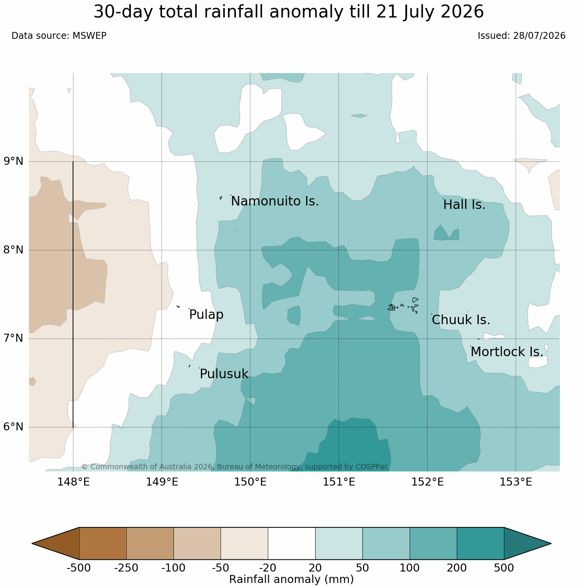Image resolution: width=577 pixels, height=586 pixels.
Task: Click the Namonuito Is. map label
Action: tap(275, 201)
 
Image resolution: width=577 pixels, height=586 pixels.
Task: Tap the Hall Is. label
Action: tap(464, 205)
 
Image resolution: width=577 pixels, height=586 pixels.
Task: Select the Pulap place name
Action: tap(206, 315)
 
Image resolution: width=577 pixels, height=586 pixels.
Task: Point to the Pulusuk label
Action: tap(224, 374)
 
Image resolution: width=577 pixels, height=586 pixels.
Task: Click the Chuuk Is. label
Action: tap(461, 320)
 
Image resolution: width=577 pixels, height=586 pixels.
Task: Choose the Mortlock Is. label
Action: tap(507, 352)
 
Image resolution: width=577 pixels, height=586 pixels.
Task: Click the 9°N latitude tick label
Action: tap(14, 161)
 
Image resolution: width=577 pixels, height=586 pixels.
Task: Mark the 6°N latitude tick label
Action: tap(14, 427)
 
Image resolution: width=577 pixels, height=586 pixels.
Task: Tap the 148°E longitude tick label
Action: tap(73, 482)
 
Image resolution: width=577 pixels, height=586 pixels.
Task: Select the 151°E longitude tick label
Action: tap(339, 482)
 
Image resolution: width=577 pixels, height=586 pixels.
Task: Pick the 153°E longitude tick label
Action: tap(516, 482)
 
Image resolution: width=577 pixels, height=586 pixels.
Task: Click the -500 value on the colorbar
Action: tap(79, 568)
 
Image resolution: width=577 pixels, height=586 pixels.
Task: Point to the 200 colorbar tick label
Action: tap(457, 568)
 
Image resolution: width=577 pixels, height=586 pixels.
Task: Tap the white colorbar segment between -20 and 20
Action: tap(292, 543)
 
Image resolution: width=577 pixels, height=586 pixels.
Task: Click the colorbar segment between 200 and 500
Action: tap(480, 543)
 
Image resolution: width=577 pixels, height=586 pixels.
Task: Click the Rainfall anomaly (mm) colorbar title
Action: tap(292, 579)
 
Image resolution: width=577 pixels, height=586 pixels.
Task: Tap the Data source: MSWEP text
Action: tap(59, 36)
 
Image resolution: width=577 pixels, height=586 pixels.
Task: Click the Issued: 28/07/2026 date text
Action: tap(521, 36)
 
